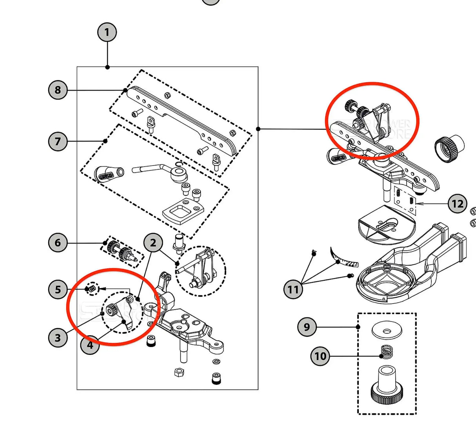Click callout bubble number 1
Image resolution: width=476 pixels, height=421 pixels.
(x=107, y=32)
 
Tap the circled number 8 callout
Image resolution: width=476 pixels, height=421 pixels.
(x=58, y=90)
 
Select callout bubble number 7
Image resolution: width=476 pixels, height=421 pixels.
(x=58, y=141)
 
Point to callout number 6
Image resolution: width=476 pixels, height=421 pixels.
(x=58, y=243)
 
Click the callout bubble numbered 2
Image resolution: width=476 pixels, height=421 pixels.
(x=153, y=243)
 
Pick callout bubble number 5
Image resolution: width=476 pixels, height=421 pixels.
(x=58, y=290)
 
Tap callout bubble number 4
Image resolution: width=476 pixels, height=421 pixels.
(x=90, y=345)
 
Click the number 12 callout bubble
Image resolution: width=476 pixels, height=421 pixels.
(x=458, y=204)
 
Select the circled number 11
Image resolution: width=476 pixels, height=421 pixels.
(x=293, y=289)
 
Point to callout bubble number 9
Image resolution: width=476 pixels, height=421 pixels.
(x=307, y=327)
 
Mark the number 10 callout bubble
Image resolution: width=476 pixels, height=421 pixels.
(x=320, y=356)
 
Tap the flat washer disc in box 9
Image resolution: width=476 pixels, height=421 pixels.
(x=387, y=331)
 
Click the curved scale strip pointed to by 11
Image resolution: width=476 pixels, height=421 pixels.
(x=343, y=258)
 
